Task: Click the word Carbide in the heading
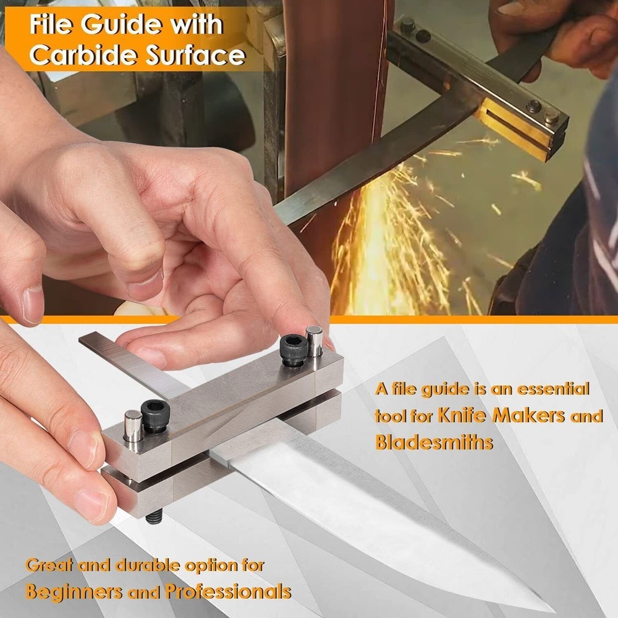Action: click(83, 56)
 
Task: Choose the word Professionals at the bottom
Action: click(228, 591)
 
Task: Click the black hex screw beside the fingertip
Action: click(294, 350)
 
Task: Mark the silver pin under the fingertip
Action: click(314, 341)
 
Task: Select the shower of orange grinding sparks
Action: click(396, 247)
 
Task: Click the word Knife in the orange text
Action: click(463, 415)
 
